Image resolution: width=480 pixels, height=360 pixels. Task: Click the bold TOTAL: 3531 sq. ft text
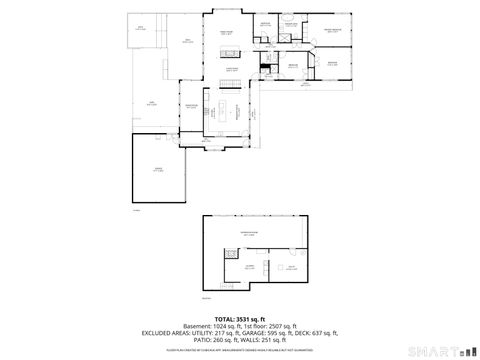click(240, 316)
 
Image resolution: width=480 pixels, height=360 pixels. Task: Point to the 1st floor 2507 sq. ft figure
click(273, 324)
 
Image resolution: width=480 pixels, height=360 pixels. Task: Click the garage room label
click(157, 171)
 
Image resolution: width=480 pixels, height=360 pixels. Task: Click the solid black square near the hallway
click(265, 68)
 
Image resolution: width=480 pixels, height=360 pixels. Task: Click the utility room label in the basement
click(291, 267)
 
